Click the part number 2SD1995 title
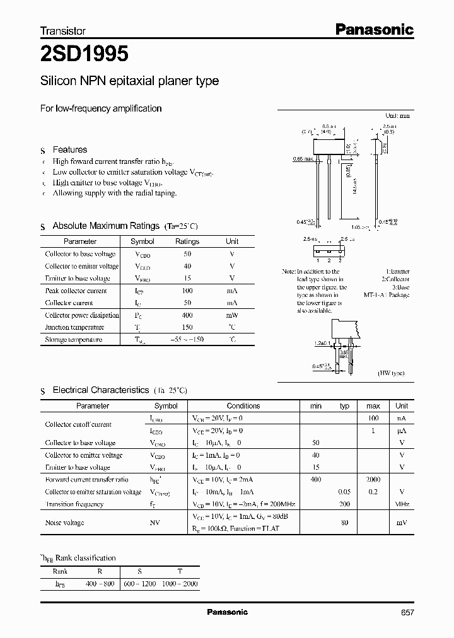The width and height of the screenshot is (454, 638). point(84,55)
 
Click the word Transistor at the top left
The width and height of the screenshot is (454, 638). point(63,30)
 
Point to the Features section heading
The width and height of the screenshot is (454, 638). point(69,149)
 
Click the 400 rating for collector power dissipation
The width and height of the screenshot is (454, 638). point(187,315)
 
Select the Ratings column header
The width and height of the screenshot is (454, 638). point(187,241)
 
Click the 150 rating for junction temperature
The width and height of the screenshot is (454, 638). point(187,327)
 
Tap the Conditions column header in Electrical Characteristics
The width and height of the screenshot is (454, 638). point(243,406)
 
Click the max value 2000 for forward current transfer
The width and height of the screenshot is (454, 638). point(373,480)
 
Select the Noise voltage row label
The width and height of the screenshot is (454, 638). point(64,523)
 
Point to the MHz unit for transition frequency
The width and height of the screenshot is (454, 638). point(402,504)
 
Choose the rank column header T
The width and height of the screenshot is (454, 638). point(180,571)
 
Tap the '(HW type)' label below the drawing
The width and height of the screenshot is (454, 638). point(392,374)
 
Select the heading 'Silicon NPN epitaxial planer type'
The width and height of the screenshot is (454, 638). point(129,81)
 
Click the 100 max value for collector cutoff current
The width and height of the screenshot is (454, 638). point(373,419)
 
